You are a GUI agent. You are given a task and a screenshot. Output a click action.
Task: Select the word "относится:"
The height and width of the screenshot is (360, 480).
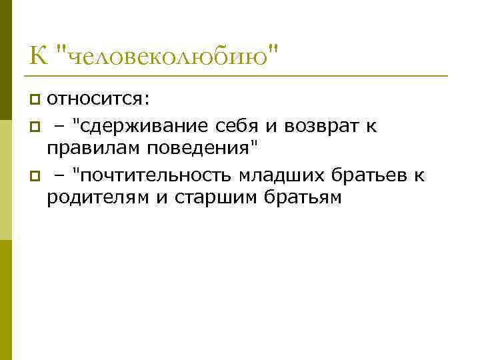99,100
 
